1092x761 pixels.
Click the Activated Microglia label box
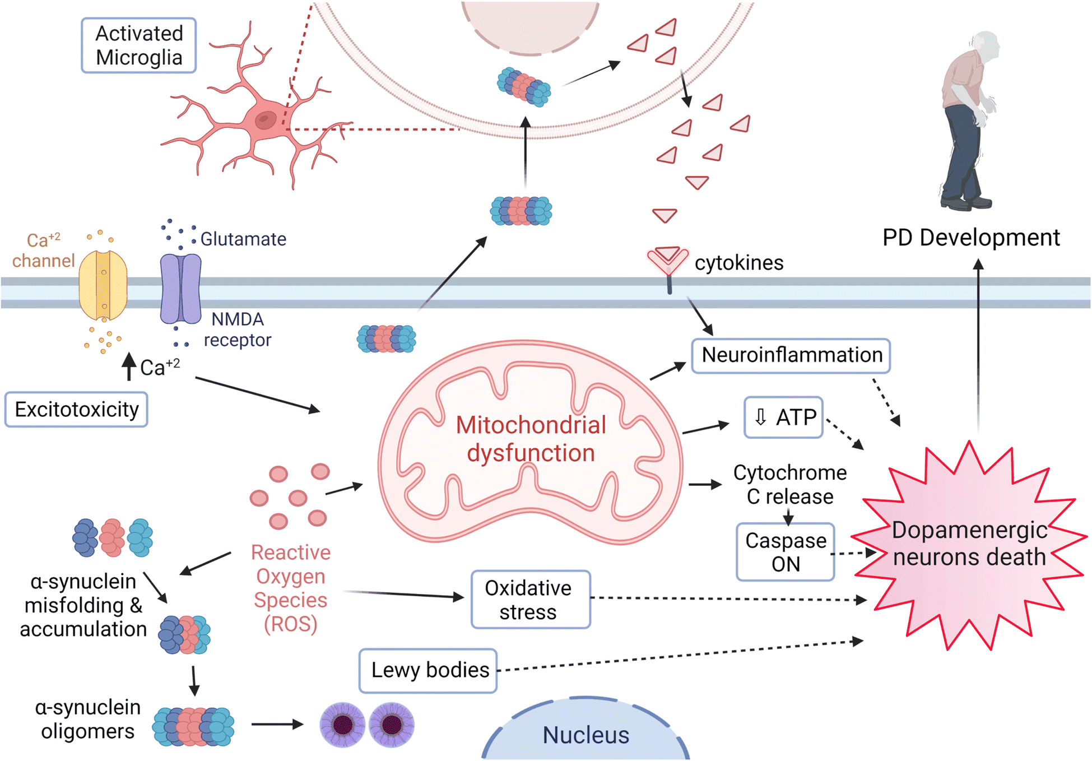point(139,45)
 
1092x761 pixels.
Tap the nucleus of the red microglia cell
point(266,119)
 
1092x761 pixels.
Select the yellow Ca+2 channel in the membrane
point(103,285)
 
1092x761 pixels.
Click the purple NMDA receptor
point(180,289)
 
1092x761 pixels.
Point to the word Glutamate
point(243,239)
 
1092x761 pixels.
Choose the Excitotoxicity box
point(76,410)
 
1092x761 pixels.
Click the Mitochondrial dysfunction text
point(531,439)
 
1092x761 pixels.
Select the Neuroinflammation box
point(791,356)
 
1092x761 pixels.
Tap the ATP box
point(784,417)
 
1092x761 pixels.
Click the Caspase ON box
point(786,552)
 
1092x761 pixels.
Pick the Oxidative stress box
point(531,600)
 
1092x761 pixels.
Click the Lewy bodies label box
point(428,671)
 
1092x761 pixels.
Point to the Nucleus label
point(586,735)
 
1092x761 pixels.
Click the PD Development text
point(971,238)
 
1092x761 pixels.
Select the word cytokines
point(739,263)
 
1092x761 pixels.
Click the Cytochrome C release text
point(790,485)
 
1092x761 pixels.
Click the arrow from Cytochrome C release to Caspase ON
point(789,516)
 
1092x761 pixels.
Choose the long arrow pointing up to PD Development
point(978,345)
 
